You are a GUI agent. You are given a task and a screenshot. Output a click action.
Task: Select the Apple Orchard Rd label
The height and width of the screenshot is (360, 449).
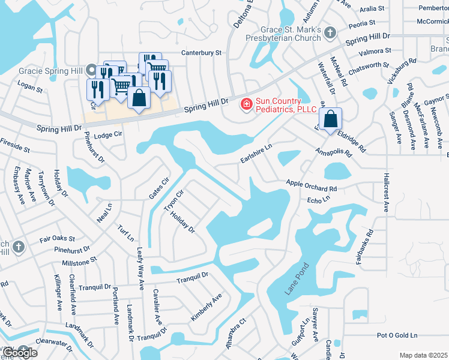(312, 185)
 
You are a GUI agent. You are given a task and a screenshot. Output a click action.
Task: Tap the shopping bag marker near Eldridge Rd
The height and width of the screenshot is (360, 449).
(330, 118)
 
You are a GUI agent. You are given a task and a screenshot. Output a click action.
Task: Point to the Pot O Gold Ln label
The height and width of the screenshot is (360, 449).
(396, 335)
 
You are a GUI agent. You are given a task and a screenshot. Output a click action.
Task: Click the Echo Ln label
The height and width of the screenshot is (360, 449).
(319, 199)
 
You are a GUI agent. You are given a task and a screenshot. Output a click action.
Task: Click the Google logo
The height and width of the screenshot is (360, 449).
(19, 352)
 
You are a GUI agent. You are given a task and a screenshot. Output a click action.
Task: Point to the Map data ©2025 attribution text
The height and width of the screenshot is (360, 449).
(424, 355)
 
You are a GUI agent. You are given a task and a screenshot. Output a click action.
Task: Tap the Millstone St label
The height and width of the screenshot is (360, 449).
(84, 262)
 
